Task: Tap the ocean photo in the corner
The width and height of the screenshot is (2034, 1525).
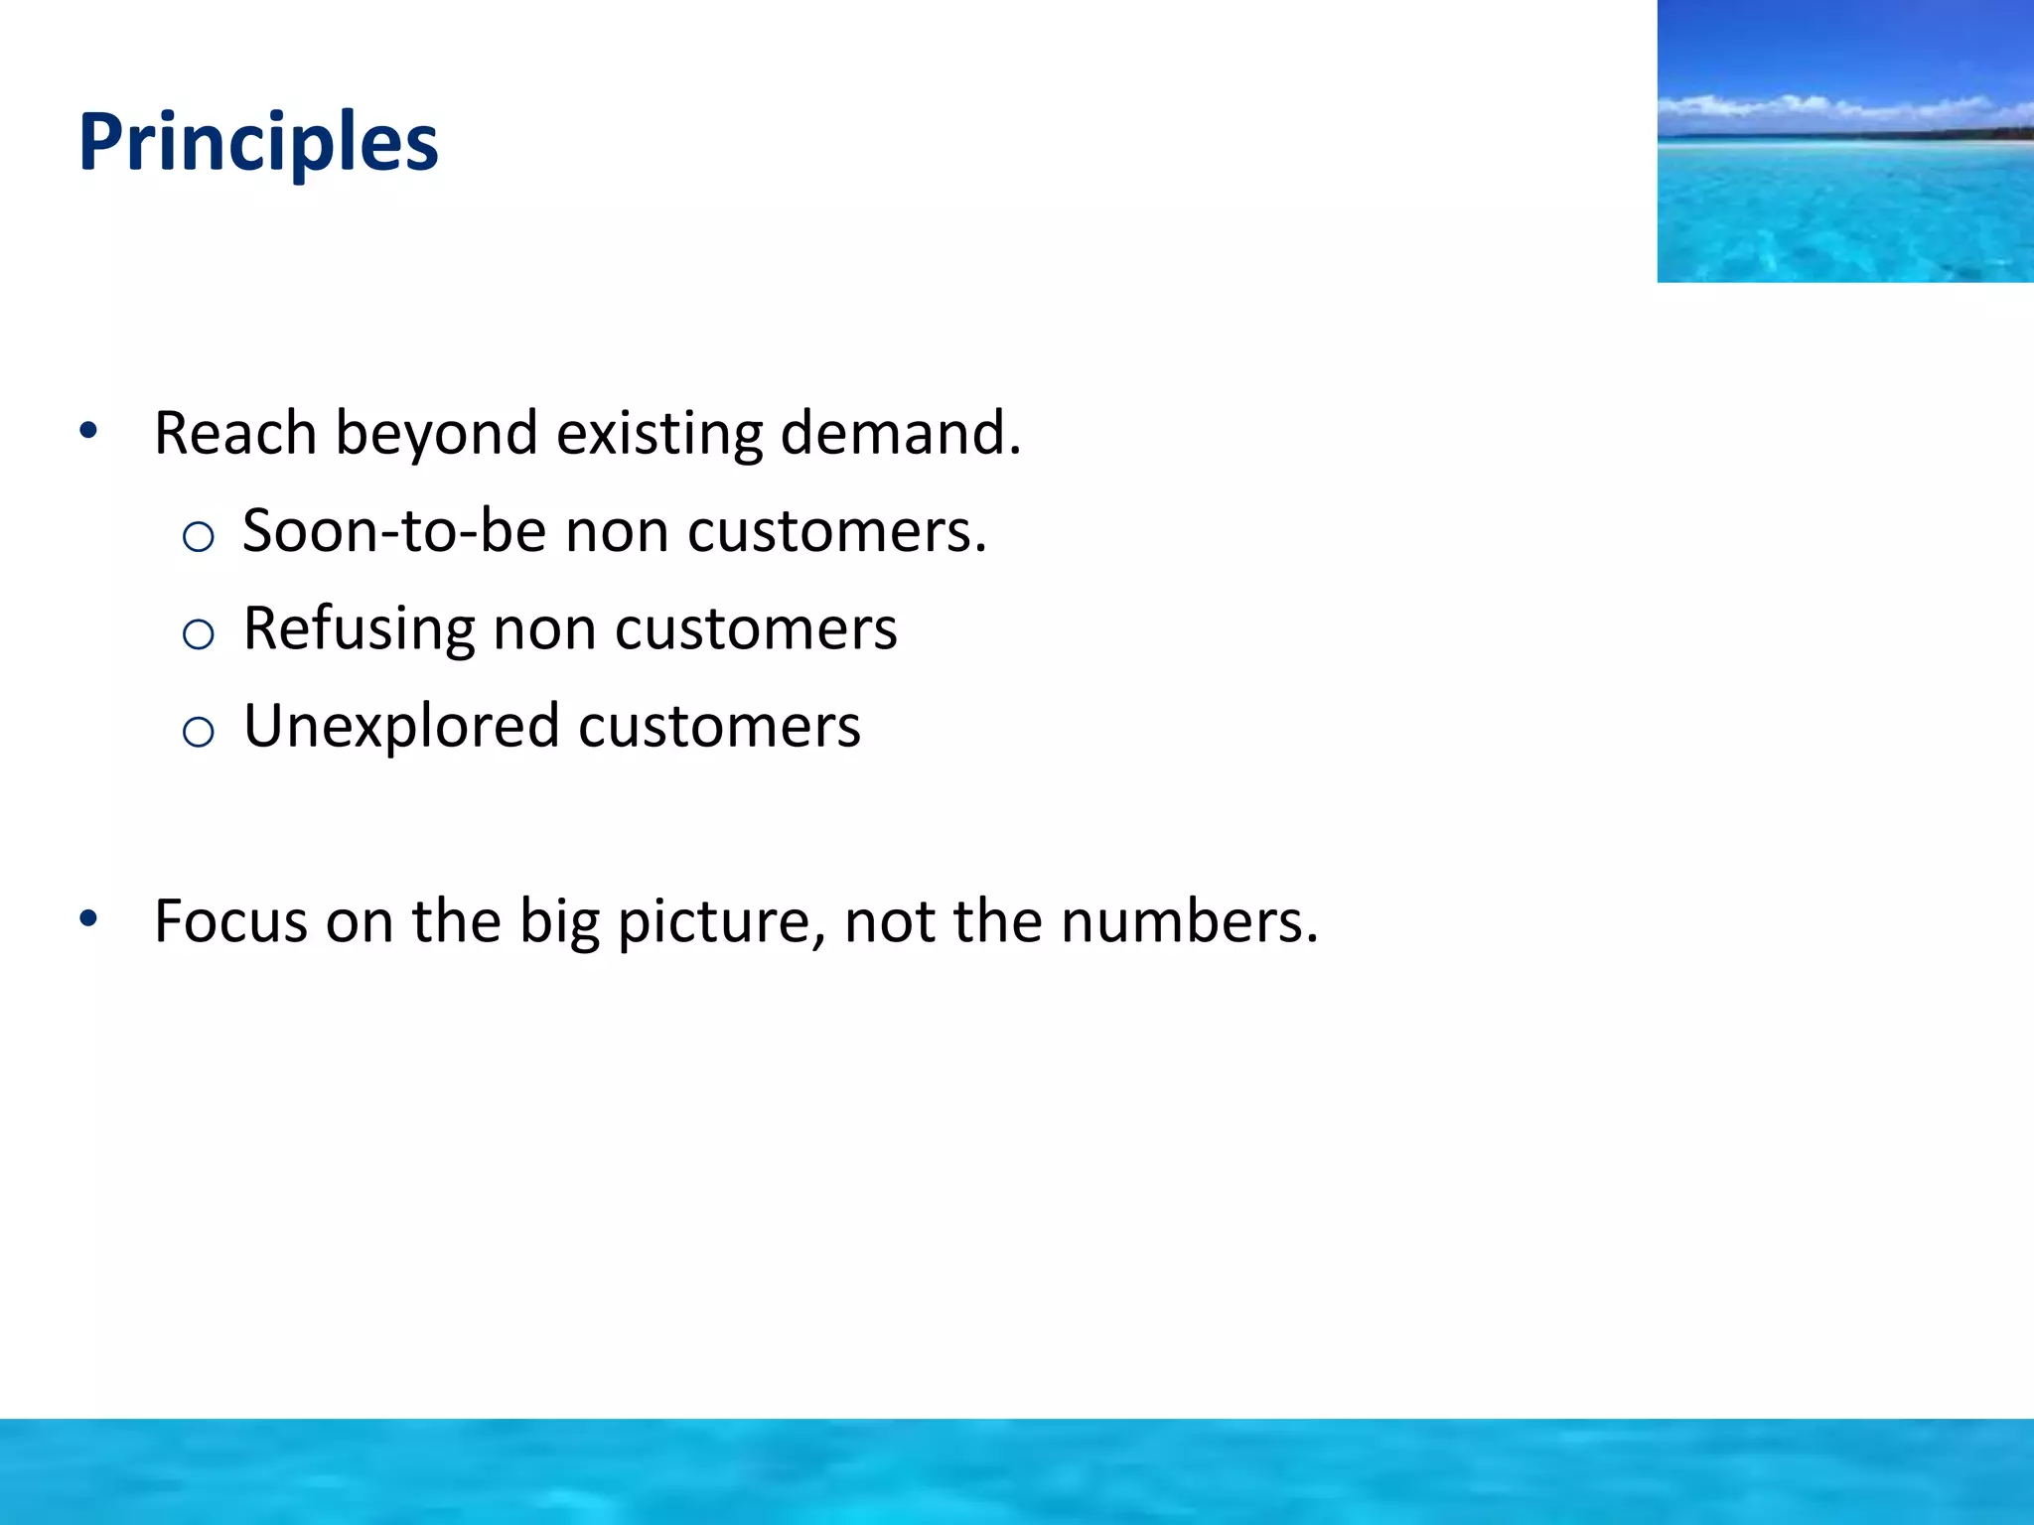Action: [x=1845, y=141]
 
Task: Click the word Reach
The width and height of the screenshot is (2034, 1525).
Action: [x=235, y=434]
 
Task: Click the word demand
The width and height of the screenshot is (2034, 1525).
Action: [x=899, y=434]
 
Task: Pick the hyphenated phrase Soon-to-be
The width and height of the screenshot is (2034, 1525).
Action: [x=394, y=530]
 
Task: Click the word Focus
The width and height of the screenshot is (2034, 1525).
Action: [x=231, y=921]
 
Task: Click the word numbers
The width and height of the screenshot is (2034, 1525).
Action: [x=1188, y=921]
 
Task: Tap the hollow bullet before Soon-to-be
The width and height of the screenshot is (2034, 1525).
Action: [x=199, y=537]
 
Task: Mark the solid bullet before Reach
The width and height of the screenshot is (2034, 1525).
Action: [x=89, y=431]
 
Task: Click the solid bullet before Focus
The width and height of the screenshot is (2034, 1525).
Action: [x=89, y=918]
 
